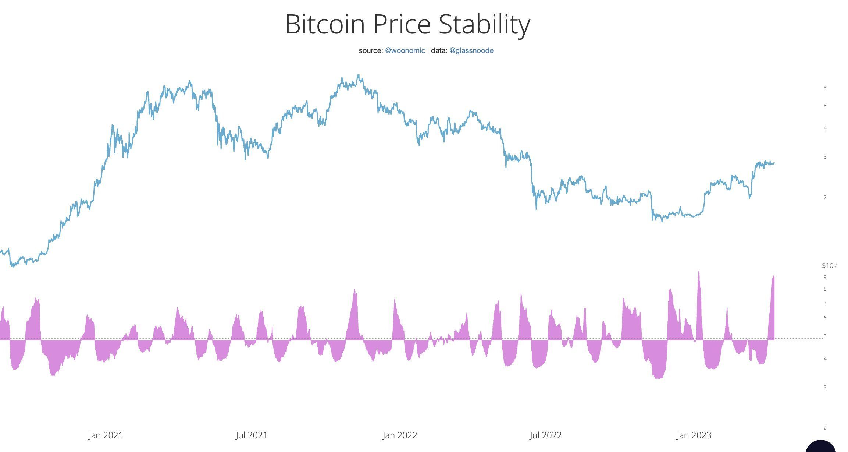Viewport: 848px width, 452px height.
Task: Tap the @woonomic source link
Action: (405, 51)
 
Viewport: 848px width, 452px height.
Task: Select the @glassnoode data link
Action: (471, 51)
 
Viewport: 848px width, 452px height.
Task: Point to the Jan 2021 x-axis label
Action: (106, 435)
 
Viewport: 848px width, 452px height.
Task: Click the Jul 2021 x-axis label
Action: (252, 435)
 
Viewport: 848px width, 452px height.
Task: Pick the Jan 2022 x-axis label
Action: (400, 435)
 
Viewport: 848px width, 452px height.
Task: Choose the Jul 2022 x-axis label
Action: (546, 435)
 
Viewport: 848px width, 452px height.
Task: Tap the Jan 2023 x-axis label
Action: (694, 435)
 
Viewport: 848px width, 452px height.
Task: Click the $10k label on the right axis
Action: (829, 266)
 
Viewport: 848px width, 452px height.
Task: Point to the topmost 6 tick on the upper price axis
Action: (825, 88)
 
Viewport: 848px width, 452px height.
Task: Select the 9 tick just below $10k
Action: (825, 277)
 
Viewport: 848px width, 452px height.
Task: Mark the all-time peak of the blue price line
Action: (359, 75)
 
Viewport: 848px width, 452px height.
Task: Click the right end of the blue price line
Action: (774, 163)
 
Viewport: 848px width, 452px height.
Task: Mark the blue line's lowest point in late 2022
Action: (662, 221)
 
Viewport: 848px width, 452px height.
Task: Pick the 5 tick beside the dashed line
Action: (825, 336)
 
